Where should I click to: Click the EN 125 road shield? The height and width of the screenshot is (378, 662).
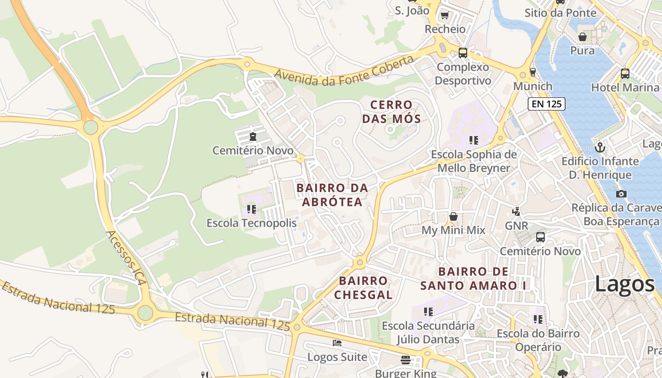click(x=546, y=104)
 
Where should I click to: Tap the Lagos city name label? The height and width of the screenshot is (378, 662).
click(x=624, y=284)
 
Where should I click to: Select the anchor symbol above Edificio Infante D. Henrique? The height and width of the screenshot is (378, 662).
click(x=600, y=147)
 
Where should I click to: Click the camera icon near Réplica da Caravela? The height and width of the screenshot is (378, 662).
click(x=621, y=194)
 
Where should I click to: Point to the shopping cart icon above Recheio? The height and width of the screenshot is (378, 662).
click(x=444, y=16)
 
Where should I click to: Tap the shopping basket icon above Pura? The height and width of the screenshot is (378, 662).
click(x=583, y=37)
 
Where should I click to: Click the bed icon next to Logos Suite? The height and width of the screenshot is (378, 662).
click(x=337, y=343)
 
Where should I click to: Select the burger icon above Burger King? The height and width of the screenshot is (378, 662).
click(x=405, y=360)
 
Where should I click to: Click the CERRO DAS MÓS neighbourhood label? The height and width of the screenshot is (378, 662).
click(x=391, y=112)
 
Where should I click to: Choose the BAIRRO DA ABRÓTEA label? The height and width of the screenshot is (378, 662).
click(x=332, y=195)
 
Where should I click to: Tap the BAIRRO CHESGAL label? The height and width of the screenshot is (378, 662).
click(x=363, y=288)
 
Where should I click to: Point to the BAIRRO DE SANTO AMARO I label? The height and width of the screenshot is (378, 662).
click(x=473, y=278)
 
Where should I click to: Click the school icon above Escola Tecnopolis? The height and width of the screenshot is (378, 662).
click(x=251, y=209)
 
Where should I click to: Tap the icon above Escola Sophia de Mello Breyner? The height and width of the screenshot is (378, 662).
click(x=473, y=140)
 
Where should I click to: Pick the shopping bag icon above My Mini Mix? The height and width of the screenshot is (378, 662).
click(x=453, y=216)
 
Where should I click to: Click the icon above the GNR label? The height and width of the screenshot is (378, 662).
click(x=517, y=212)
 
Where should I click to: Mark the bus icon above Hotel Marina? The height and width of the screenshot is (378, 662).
click(x=625, y=74)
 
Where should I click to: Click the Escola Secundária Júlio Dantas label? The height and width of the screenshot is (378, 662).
click(x=428, y=333)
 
